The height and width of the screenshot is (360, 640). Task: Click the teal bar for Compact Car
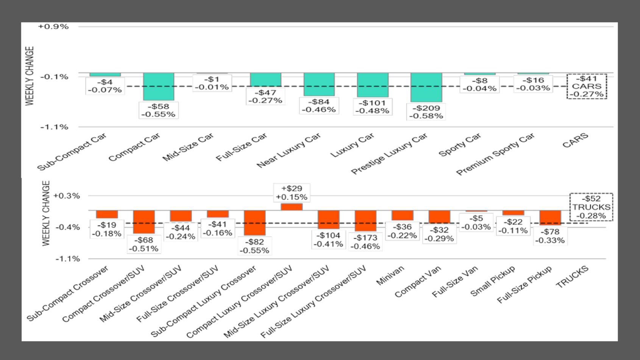pyautogui.click(x=158, y=86)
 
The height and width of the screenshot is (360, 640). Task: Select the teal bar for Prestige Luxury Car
pyautogui.click(x=426, y=88)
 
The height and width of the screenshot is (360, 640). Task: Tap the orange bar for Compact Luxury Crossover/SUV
pyautogui.click(x=292, y=207)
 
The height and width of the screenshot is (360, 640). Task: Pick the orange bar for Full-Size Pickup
pyautogui.click(x=550, y=218)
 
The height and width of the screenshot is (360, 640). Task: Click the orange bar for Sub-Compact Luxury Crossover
pyautogui.click(x=254, y=223)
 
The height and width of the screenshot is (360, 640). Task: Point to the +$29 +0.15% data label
pyautogui.click(x=292, y=193)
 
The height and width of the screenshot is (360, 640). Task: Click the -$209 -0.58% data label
pyautogui.click(x=426, y=112)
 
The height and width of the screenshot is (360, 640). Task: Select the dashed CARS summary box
pyautogui.click(x=587, y=86)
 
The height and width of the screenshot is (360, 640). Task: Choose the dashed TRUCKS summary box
pyautogui.click(x=591, y=207)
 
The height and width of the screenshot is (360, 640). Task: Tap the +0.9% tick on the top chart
pyautogui.click(x=53, y=27)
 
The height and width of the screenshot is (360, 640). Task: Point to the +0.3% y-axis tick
pyautogui.click(x=67, y=196)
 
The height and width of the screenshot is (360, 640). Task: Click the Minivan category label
pyautogui.click(x=390, y=275)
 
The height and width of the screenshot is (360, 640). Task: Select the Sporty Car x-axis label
pyautogui.click(x=460, y=145)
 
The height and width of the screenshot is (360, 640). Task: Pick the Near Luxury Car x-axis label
pyautogui.click(x=289, y=151)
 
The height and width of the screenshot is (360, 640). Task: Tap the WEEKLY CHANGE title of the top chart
pyautogui.click(x=30, y=76)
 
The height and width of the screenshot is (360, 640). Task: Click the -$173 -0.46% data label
pyautogui.click(x=365, y=242)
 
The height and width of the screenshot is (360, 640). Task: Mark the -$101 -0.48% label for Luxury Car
pyautogui.click(x=373, y=107)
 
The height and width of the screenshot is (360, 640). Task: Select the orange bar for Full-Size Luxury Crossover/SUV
pyautogui.click(x=365, y=221)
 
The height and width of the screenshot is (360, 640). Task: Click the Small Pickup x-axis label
pyautogui.click(x=492, y=281)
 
